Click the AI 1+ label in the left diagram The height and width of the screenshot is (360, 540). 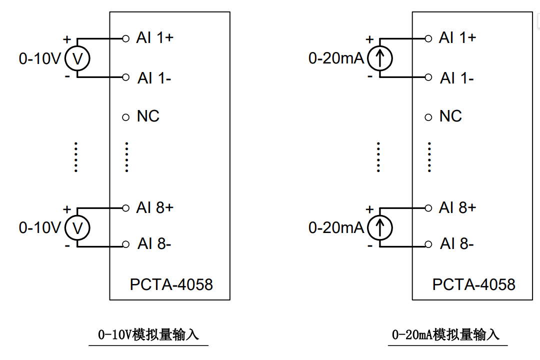pos(154,38)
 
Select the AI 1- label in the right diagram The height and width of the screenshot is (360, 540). pos(457,78)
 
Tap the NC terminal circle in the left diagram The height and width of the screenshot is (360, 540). pos(126,117)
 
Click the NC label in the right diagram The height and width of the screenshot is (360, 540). pos(450,116)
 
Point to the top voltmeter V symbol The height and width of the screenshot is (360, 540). pos(77,59)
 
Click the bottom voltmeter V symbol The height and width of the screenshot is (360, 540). pos(77,228)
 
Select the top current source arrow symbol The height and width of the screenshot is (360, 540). pos(380,59)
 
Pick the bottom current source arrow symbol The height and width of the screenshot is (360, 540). pos(380,228)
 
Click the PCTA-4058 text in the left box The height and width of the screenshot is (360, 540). pos(171,284)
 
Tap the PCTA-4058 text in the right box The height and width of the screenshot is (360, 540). pos(473,284)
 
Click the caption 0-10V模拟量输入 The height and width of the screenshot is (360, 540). pos(148,334)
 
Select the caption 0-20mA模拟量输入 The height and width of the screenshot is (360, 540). pos(446,334)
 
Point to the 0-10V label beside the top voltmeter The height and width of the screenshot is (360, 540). pos(39,59)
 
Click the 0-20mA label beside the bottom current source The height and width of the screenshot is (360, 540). pos(336,228)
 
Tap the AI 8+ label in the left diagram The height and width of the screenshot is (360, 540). pos(154,207)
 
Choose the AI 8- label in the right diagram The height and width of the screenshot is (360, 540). pos(457,244)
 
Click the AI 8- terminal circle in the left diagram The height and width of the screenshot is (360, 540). pos(126,245)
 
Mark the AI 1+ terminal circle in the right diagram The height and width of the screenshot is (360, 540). pos(428,38)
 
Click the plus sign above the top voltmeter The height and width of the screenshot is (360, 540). pos(67,39)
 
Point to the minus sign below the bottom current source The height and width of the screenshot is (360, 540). pos(370,245)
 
